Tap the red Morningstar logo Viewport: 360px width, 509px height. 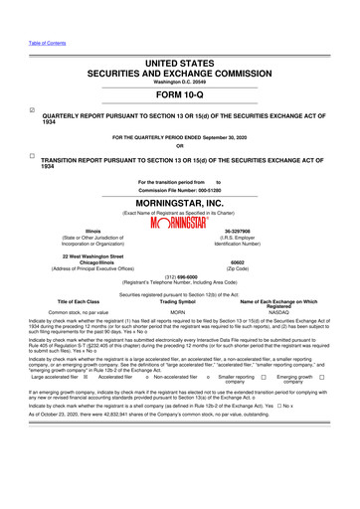point(180,223)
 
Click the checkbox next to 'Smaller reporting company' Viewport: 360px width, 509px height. point(264,406)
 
